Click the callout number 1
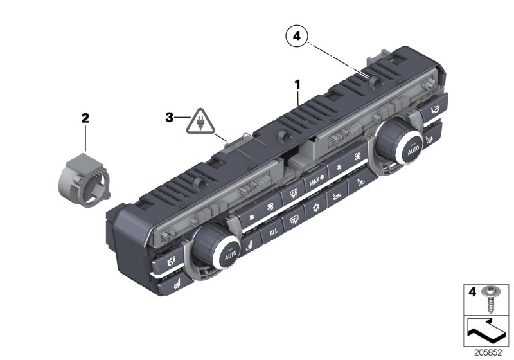pos(297,84)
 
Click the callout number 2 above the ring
pos(85,118)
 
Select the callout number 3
pos(170,118)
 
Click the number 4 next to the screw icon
pos(472,292)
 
